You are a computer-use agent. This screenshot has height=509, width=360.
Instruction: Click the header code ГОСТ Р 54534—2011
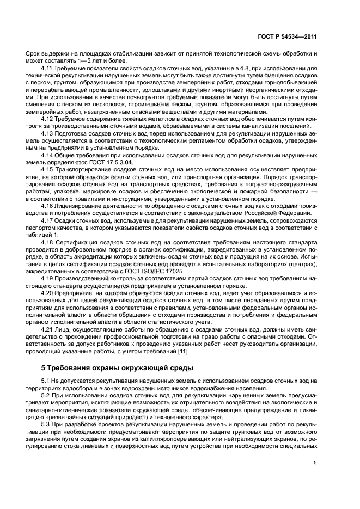tap(288, 37)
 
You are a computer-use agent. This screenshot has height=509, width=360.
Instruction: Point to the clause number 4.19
tap(48, 280)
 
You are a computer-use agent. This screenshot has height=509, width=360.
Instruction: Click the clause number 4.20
tap(48, 295)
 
